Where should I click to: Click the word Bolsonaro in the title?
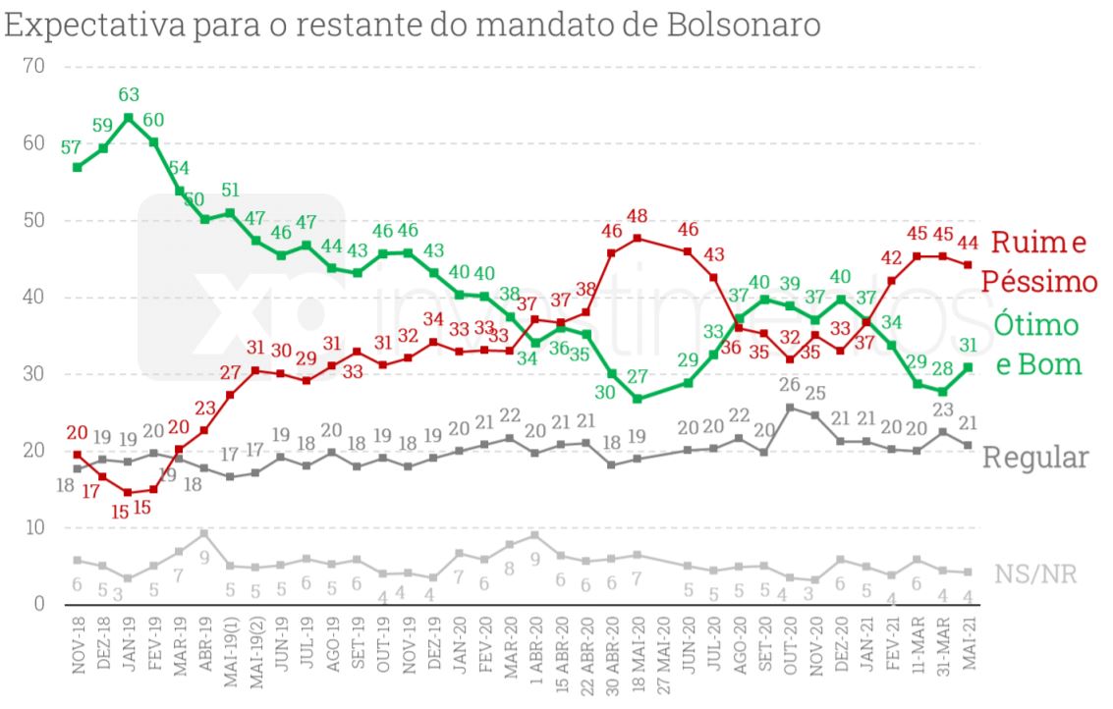click(743, 25)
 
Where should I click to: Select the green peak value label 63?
click(129, 95)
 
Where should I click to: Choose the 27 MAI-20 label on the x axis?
click(664, 660)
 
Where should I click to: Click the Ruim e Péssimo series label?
click(1041, 261)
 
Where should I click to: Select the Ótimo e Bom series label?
click(1036, 344)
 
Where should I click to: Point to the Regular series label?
click(1035, 458)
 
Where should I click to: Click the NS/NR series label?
click(1035, 574)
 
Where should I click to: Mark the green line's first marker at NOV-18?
click(78, 167)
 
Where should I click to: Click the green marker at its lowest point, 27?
click(638, 399)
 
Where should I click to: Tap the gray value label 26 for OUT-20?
click(791, 384)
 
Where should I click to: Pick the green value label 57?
click(71, 147)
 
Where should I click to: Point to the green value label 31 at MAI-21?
click(969, 345)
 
